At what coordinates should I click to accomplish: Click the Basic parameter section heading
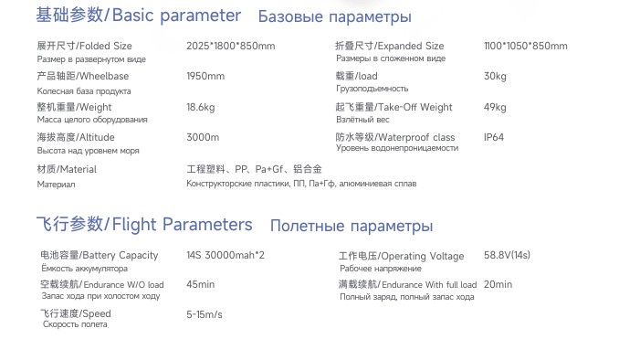[138, 16]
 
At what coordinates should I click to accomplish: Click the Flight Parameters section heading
[144, 225]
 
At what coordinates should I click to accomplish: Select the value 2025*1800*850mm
[230, 46]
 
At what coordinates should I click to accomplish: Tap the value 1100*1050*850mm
[525, 46]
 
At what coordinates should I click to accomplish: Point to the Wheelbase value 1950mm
[205, 76]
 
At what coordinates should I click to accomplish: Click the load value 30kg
[495, 76]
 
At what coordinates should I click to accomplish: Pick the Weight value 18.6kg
[200, 107]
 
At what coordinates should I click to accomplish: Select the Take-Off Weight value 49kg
[495, 107]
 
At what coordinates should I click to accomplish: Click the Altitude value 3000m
[203, 137]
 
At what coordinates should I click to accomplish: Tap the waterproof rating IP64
[494, 137]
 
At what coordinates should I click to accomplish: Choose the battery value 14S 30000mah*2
[225, 255]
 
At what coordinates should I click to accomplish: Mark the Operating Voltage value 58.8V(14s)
[507, 255]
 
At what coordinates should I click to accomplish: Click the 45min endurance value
[200, 284]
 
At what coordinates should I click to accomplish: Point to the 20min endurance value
[498, 284]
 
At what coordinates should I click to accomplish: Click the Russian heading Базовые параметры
[334, 16]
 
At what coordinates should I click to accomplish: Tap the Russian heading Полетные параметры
[351, 226]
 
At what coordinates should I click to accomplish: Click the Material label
[67, 169]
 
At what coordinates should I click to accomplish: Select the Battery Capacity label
[99, 255]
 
